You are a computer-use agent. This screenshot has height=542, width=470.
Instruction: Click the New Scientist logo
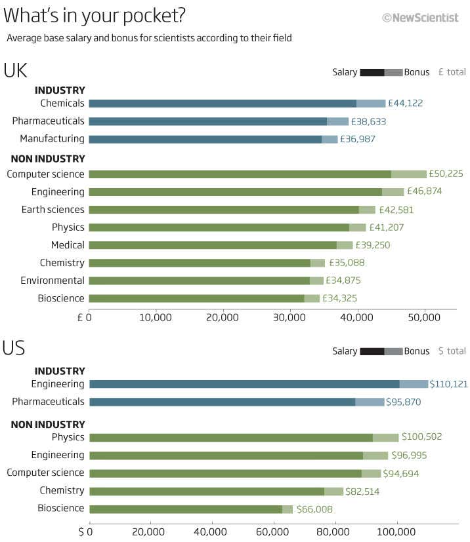[420, 18]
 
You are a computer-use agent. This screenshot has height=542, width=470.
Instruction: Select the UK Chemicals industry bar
[236, 104]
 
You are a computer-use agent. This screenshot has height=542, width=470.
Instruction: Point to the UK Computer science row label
[45, 174]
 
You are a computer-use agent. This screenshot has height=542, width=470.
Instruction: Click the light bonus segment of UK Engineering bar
[393, 192]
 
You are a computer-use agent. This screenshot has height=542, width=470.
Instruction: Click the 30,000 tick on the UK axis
[290, 318]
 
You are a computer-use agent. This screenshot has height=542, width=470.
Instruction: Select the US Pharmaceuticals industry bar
[236, 402]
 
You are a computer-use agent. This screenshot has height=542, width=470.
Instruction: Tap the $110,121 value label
[449, 384]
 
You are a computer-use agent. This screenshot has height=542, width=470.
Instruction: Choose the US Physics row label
[68, 437]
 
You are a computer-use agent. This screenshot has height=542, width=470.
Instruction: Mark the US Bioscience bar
[190, 509]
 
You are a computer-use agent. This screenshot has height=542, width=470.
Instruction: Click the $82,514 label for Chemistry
[367, 492]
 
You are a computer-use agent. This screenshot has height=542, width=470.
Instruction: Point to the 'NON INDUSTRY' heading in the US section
[48, 425]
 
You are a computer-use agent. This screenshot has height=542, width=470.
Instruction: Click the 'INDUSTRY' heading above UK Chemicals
[60, 90]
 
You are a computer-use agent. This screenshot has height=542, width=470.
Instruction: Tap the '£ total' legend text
[452, 72]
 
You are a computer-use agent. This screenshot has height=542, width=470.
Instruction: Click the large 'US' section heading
[14, 348]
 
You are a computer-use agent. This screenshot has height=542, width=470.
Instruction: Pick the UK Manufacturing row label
[52, 139]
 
